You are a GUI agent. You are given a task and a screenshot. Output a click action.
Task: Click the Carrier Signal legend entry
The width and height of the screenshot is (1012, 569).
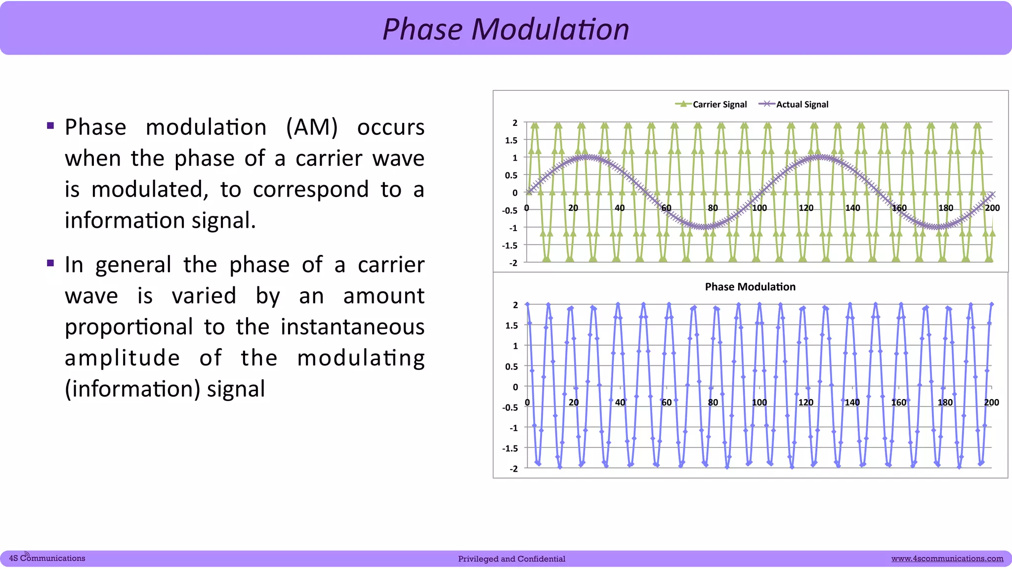[719, 104]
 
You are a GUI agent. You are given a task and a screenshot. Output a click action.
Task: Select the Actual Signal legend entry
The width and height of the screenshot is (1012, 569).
[801, 104]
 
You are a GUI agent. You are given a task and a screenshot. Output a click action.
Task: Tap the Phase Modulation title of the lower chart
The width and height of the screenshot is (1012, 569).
[750, 286]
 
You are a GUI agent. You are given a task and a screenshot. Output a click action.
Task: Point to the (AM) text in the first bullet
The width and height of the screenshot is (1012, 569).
[312, 127]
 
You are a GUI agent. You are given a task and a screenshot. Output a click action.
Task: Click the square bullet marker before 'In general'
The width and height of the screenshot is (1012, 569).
[50, 263]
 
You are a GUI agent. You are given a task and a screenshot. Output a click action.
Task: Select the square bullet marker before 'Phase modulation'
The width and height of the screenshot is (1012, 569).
[50, 125]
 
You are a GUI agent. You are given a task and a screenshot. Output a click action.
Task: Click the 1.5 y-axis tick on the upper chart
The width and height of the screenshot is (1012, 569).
[511, 140]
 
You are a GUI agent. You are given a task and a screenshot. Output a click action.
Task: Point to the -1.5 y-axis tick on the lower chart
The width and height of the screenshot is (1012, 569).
[510, 448]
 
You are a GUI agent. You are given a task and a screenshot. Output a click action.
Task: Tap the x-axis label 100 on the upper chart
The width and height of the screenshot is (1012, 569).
[759, 208]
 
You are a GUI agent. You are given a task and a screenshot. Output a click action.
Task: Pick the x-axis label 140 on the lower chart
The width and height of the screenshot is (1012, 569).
[852, 403]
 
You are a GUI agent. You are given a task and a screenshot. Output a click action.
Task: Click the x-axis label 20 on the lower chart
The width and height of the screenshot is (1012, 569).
[573, 403]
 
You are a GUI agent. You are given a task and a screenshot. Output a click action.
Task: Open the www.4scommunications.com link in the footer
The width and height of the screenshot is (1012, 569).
[947, 559]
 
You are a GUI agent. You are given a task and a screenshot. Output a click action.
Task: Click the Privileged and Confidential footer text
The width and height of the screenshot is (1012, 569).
[511, 559]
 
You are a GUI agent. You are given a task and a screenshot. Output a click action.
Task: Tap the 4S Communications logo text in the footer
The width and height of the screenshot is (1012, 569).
[47, 558]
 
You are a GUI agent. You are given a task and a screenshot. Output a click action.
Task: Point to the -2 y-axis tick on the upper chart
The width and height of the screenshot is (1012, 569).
[513, 263]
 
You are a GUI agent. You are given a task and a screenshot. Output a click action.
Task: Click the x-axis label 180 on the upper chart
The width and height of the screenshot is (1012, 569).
[945, 208]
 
